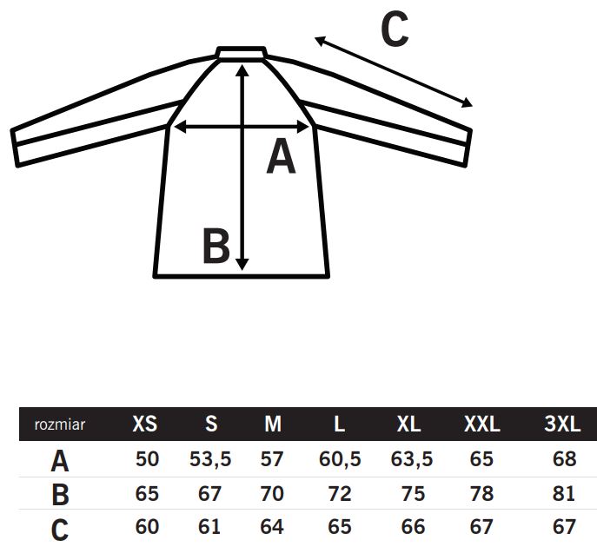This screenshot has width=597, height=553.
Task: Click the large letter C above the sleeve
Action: [x=395, y=29]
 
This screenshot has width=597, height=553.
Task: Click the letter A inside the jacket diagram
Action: [x=281, y=156]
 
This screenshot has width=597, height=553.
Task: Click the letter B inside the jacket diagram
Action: [x=216, y=246]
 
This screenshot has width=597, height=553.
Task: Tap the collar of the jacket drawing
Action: [x=241, y=53]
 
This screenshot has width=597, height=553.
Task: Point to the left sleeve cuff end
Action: [x=15, y=148]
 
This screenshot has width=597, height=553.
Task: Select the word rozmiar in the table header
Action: [x=60, y=425]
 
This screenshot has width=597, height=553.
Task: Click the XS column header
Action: [x=144, y=424]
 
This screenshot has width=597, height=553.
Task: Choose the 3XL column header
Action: [x=562, y=424]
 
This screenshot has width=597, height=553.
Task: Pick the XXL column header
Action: [x=482, y=424]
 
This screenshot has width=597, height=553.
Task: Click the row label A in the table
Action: [x=60, y=461]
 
